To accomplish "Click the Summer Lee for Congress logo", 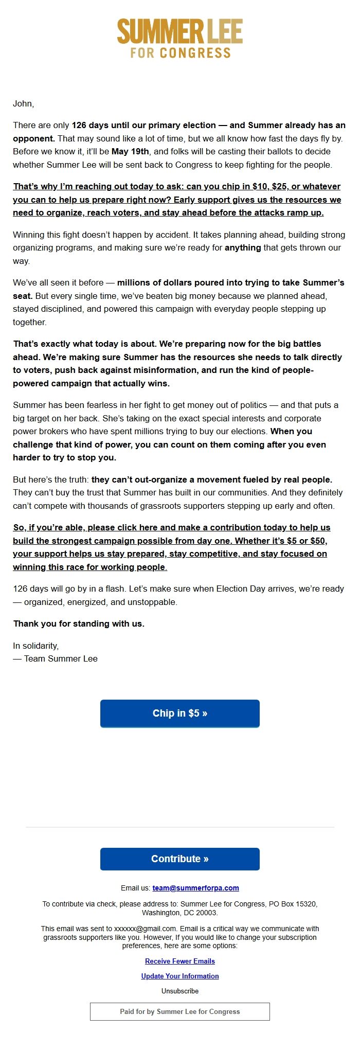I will click(180, 38).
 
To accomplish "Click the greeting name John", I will click(23, 103).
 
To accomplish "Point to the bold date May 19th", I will click(130, 151).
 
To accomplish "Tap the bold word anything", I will click(243, 247).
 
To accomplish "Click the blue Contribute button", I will click(180, 859).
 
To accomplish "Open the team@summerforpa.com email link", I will click(195, 887).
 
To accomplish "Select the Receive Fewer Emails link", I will click(180, 961).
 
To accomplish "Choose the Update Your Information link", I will click(180, 976).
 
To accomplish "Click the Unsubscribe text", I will click(180, 991).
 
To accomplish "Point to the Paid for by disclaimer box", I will click(180, 1011).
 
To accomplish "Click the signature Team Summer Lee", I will click(61, 658).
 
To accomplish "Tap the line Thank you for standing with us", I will click(79, 624).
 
